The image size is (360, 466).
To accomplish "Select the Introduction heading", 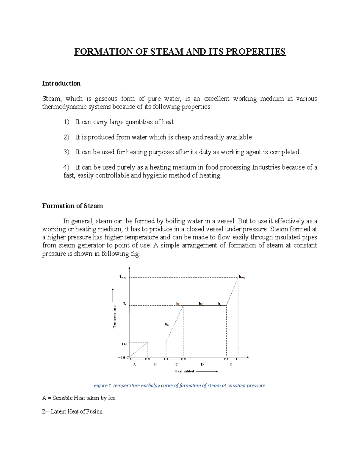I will click(x=61, y=83).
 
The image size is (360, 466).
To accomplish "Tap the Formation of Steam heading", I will click(x=72, y=206).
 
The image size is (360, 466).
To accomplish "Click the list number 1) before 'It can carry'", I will click(x=66, y=122).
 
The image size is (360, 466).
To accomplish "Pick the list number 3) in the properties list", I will click(x=66, y=152).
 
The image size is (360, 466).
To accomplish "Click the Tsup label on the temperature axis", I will click(x=123, y=277).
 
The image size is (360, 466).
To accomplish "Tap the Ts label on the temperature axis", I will click(x=124, y=304).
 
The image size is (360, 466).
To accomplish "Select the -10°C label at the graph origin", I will click(x=123, y=357).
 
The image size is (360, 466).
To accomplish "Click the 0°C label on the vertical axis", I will click(x=125, y=344).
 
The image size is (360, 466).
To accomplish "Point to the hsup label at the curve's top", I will click(x=242, y=277).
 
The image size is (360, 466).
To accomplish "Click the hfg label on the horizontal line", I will click(x=201, y=304).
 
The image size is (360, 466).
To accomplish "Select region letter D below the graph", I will click(x=202, y=364).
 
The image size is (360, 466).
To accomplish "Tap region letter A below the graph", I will click(x=134, y=364).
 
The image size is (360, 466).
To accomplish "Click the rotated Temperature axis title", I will click(x=114, y=317).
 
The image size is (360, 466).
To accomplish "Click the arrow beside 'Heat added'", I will click(x=207, y=371).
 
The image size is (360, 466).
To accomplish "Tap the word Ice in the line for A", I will click(x=112, y=398).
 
